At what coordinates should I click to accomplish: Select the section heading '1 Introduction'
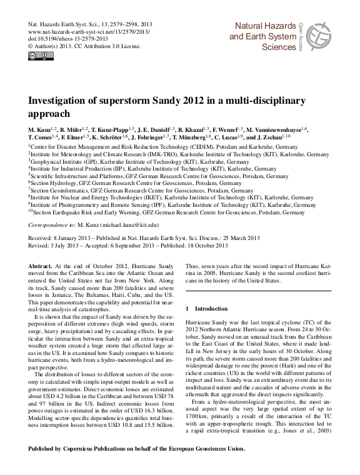[x=202, y=309]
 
